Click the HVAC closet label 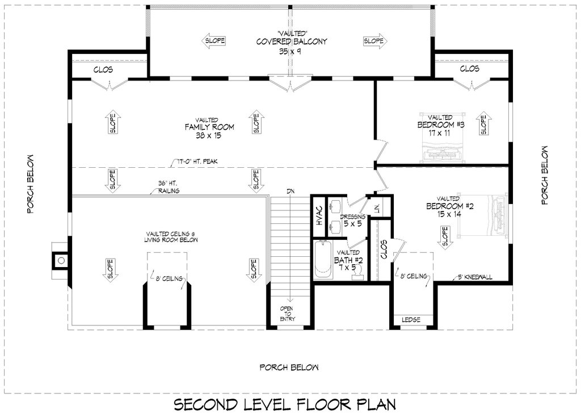click(319, 215)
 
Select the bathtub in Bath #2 click(323, 260)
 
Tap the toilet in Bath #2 click(357, 273)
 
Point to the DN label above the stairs click(290, 191)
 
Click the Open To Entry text click(286, 314)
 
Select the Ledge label click(411, 320)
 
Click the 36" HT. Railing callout click(169, 187)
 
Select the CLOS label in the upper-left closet click(103, 70)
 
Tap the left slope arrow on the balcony click(214, 41)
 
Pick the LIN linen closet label click(377, 209)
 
